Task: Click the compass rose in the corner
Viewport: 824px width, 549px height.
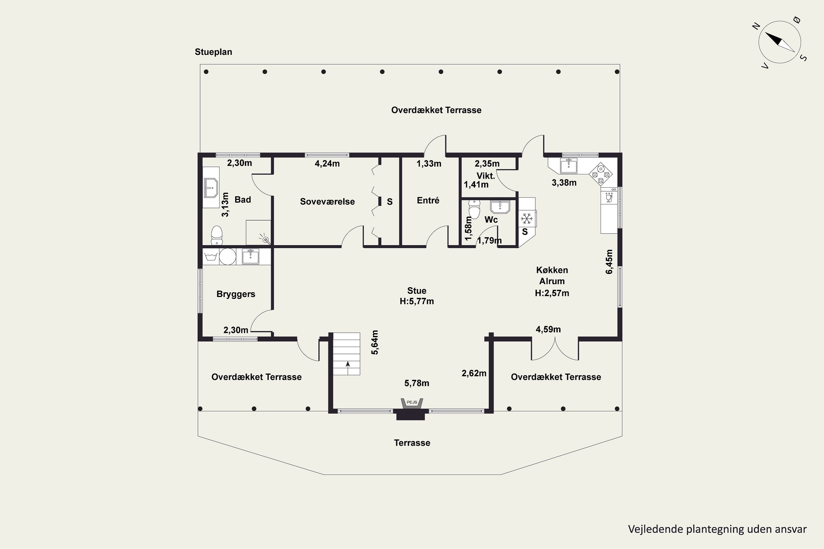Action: [x=780, y=42]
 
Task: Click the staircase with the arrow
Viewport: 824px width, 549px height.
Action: [x=346, y=354]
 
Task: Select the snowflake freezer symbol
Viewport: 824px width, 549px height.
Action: [x=526, y=219]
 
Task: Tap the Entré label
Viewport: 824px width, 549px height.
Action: [x=428, y=200]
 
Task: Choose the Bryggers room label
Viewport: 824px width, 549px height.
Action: [x=236, y=294]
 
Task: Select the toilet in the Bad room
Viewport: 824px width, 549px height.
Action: [x=217, y=235]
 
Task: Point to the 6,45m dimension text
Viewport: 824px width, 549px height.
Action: [x=609, y=262]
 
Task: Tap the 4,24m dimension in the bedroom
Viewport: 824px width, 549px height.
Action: [x=327, y=164]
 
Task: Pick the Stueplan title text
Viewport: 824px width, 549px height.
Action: [x=213, y=52]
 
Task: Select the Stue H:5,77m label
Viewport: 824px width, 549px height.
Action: [x=417, y=296]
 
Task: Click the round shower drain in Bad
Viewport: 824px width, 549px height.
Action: [x=266, y=240]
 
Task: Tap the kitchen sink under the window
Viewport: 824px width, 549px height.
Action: [x=569, y=166]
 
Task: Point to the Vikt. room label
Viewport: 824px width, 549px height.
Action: [x=486, y=176]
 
